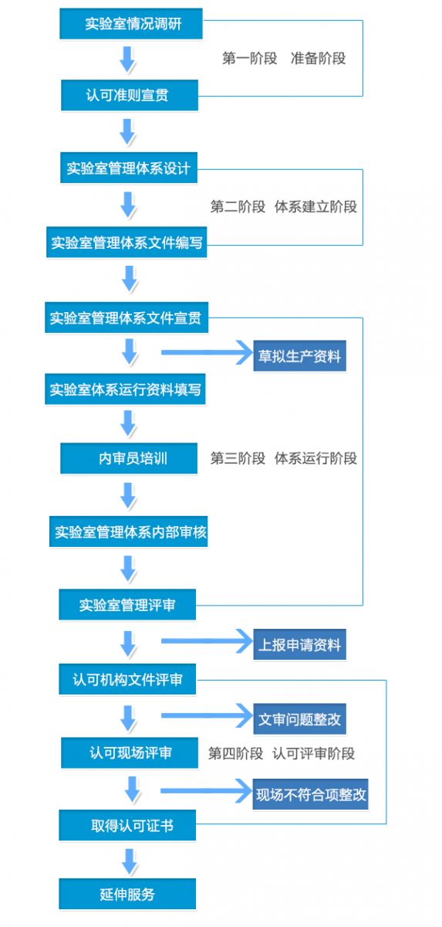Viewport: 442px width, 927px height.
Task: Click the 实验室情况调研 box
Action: pyautogui.click(x=131, y=24)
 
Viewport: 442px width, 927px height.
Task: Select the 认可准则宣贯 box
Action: pyautogui.click(x=130, y=95)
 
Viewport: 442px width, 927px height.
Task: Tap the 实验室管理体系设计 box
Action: pyautogui.click(x=129, y=168)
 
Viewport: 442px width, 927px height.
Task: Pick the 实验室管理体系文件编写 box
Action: pyautogui.click(x=127, y=242)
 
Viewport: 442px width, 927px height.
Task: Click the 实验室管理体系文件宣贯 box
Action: pyautogui.click(x=127, y=317)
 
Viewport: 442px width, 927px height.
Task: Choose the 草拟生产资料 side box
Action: pyautogui.click(x=299, y=356)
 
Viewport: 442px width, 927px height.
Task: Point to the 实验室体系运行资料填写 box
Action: pyautogui.click(x=125, y=389)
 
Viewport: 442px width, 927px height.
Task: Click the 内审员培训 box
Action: pyautogui.click(x=129, y=458)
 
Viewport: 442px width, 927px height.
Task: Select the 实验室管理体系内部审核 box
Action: pyautogui.click(x=129, y=531)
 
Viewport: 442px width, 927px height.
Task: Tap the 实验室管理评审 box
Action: pyautogui.click(x=127, y=605)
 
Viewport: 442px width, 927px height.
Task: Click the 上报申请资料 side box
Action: pyautogui.click(x=299, y=645)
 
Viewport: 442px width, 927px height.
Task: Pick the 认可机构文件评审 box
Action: pyautogui.click(x=127, y=679)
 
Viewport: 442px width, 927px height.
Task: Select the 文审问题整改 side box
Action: pyautogui.click(x=299, y=719)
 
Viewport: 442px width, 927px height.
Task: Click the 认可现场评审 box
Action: pyautogui.click(x=130, y=752)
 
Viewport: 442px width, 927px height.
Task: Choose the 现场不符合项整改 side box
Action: pyautogui.click(x=310, y=795)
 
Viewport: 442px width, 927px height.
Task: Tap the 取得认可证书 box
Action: pyautogui.click(x=127, y=825)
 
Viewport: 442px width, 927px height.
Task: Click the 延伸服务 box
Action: pyautogui.click(x=127, y=894)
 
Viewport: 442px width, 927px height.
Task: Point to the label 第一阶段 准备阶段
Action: pyautogui.click(x=284, y=59)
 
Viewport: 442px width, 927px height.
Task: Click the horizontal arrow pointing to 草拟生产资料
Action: pyautogui.click(x=207, y=352)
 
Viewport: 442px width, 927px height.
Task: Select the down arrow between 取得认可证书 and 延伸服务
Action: pyautogui.click(x=130, y=861)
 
